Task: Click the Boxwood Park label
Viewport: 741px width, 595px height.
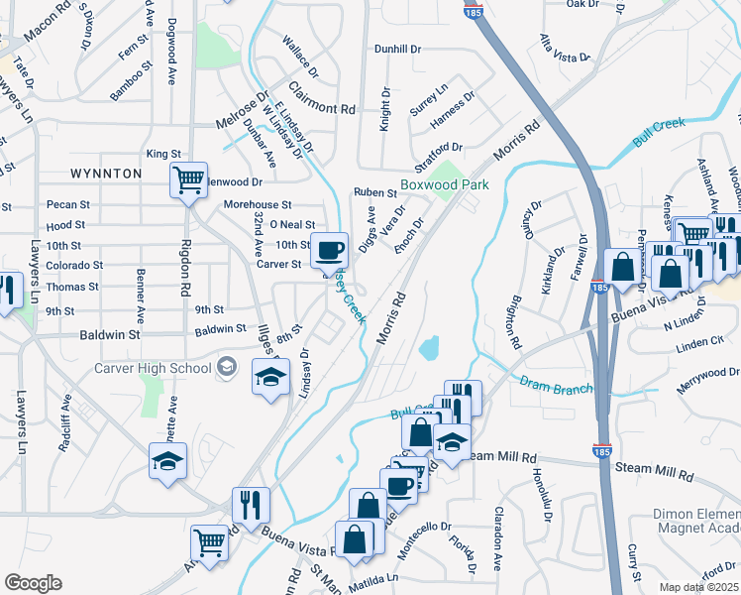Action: pyautogui.click(x=445, y=185)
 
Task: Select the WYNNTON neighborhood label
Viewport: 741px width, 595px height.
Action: pyautogui.click(x=106, y=174)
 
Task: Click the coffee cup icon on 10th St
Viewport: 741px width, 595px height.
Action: pyautogui.click(x=329, y=249)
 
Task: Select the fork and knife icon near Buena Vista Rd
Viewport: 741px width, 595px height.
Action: pyautogui.click(x=251, y=505)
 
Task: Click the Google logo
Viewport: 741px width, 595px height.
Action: pyautogui.click(x=33, y=583)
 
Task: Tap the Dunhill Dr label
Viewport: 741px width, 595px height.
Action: pyautogui.click(x=398, y=48)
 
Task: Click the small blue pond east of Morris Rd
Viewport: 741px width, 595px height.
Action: pyautogui.click(x=430, y=348)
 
